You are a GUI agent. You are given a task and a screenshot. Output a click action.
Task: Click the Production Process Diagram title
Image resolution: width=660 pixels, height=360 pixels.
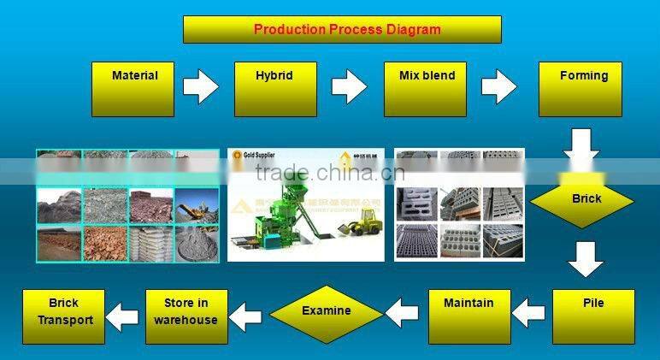(342, 29)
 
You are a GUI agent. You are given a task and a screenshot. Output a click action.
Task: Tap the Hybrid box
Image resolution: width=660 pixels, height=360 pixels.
(274, 88)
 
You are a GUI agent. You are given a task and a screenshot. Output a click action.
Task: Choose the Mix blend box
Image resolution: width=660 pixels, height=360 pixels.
(426, 88)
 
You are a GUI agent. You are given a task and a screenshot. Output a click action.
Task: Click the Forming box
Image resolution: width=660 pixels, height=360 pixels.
(585, 88)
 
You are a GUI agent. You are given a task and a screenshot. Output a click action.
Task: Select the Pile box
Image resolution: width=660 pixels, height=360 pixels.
(593, 316)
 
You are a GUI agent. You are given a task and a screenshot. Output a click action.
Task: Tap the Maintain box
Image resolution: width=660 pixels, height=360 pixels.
(468, 316)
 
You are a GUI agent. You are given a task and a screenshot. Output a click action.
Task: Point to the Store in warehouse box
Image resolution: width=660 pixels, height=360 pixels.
(186, 316)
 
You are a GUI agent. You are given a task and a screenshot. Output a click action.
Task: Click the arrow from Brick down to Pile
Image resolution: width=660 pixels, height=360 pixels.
(586, 258)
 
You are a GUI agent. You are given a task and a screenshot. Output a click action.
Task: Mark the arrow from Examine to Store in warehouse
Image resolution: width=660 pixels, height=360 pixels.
(248, 316)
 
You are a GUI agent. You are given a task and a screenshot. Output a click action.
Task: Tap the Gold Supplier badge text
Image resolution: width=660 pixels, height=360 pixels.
(259, 159)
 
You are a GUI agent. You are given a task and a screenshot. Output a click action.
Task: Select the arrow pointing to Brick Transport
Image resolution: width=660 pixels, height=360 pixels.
(123, 316)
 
